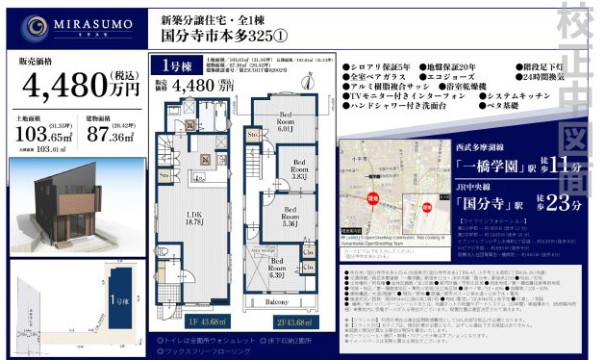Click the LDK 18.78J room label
click(x=195, y=217)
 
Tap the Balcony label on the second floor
click(x=285, y=302)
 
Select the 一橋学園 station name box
click(x=490, y=165)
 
